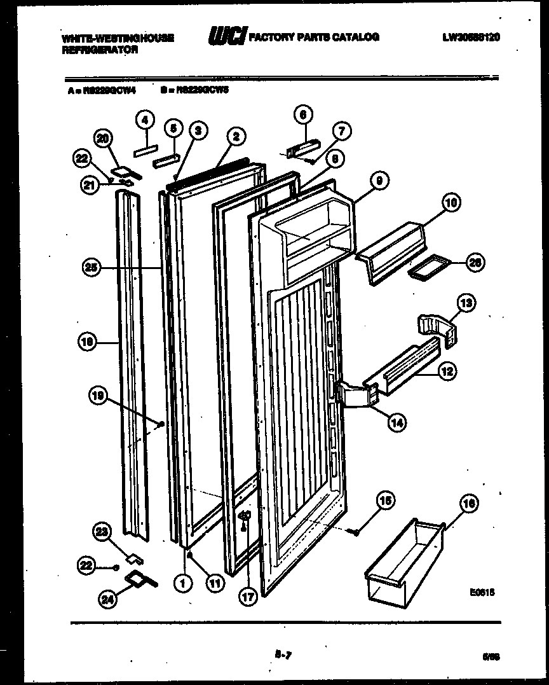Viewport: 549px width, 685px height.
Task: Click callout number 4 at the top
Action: [x=146, y=119]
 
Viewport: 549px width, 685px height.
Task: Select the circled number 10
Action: [x=451, y=204]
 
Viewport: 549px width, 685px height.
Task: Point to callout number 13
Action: [x=466, y=305]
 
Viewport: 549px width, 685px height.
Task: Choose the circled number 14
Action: [x=398, y=421]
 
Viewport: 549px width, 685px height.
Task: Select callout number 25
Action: [x=92, y=268]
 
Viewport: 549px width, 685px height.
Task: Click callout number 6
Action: [x=303, y=114]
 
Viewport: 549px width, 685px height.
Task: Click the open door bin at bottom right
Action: [x=404, y=560]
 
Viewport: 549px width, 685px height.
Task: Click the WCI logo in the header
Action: [x=227, y=38]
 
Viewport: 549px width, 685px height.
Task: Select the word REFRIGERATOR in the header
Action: [x=100, y=49]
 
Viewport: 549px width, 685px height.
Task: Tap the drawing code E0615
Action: [x=482, y=592]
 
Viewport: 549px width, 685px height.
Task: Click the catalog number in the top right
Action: [x=471, y=38]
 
